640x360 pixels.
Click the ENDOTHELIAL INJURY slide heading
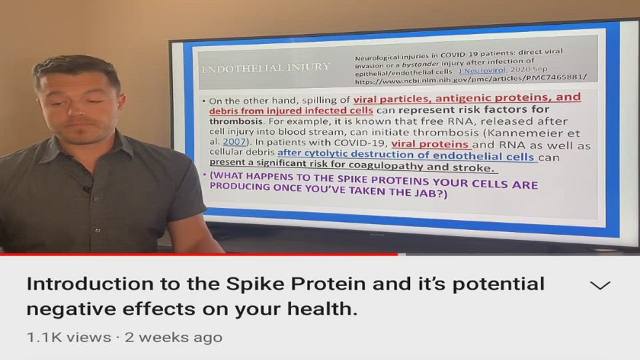pos(266,68)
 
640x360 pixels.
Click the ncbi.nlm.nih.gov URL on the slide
pos(471,79)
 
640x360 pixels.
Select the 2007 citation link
pos(234,141)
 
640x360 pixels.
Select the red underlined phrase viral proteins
pos(430,144)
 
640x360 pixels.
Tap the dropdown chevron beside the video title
pos(599,285)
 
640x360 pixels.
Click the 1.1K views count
pos(69,337)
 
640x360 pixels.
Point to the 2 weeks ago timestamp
pos(173,337)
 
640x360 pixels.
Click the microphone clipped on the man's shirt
pos(86,189)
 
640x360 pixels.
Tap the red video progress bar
pos(199,254)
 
